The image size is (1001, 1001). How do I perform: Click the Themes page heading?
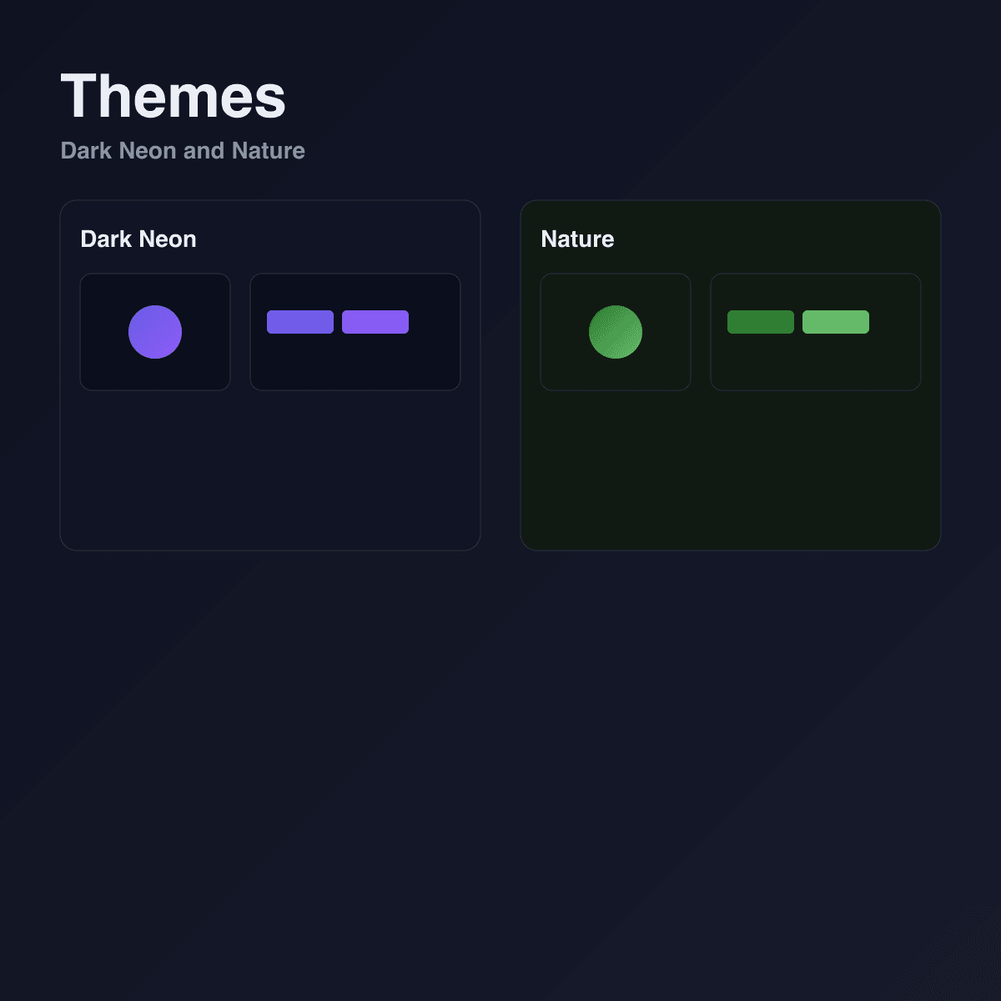click(173, 96)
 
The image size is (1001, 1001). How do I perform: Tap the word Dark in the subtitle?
click(86, 151)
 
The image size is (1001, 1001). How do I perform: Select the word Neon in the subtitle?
click(148, 151)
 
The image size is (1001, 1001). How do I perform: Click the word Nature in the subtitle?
click(268, 151)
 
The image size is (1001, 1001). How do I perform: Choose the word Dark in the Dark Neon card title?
click(106, 239)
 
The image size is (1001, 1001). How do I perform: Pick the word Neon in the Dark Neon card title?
click(168, 239)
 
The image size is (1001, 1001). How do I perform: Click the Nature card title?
click(577, 239)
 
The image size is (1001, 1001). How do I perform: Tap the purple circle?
click(155, 332)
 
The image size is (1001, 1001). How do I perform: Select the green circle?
click(616, 332)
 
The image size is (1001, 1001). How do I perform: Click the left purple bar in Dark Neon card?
click(300, 322)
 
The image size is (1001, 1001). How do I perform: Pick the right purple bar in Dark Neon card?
click(375, 322)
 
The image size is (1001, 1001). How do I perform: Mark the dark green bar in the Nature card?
click(761, 322)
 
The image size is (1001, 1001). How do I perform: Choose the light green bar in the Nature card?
click(836, 322)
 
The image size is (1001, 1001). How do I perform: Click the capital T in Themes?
click(78, 96)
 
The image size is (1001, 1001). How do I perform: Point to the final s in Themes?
click(270, 101)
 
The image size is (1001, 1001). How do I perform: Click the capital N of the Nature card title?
click(550, 239)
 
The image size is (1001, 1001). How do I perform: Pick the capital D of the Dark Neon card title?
click(88, 239)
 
